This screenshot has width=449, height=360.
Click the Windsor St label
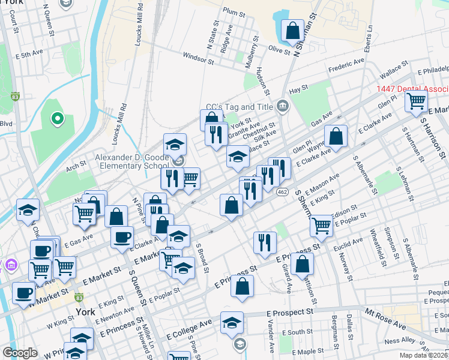(x=199, y=60)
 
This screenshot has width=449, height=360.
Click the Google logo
(x=20, y=352)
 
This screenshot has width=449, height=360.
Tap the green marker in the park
(x=58, y=119)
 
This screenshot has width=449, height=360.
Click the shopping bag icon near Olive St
(x=292, y=31)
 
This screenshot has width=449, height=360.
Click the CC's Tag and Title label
(x=239, y=106)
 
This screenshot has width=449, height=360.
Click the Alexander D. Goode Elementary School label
(x=124, y=161)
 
